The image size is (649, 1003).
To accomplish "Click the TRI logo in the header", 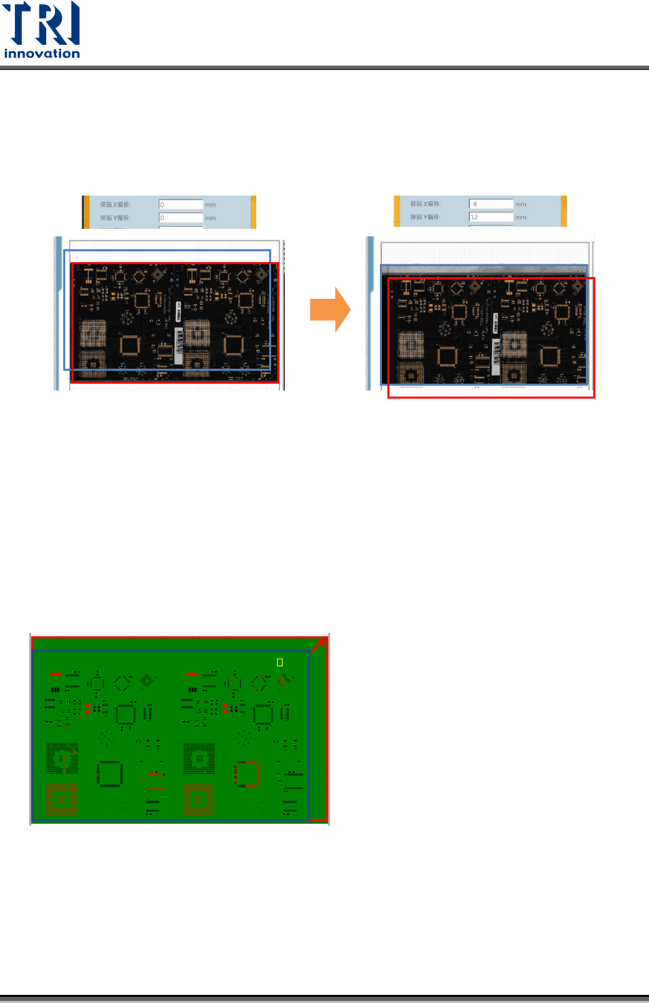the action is [41, 24].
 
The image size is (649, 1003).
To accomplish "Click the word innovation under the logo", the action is [41, 54].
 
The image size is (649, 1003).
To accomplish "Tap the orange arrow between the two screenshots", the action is [330, 310].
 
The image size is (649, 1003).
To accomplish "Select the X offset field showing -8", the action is [491, 204].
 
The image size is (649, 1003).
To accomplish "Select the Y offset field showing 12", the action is [491, 217].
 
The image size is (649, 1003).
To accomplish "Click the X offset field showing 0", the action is [181, 204].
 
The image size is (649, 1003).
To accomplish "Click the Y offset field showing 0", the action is [181, 218].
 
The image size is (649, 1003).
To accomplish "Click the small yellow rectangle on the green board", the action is [279, 662].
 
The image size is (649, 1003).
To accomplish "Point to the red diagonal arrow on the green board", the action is [318, 645].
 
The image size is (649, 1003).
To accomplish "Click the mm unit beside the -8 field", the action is [521, 204].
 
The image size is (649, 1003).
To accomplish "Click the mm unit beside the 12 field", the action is [521, 218].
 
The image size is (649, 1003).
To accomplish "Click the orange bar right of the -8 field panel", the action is [563, 211].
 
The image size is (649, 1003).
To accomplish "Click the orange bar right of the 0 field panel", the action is [253, 211].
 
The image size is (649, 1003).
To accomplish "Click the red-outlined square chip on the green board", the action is [248, 773].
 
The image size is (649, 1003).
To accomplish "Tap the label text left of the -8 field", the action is [425, 204].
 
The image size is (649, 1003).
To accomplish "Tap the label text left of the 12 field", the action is [425, 217].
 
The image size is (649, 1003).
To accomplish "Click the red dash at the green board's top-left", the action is [55, 674].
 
